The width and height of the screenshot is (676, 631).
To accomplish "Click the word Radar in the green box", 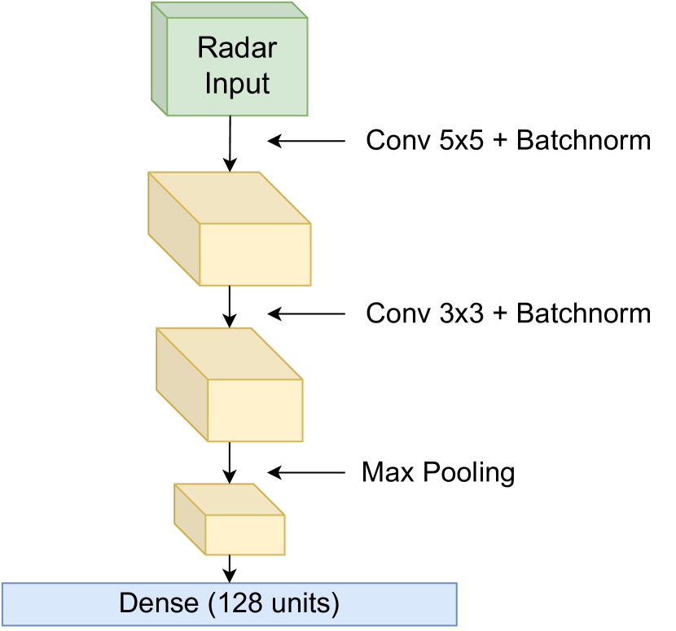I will [237, 48].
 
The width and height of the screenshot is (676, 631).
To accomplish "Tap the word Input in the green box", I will [237, 83].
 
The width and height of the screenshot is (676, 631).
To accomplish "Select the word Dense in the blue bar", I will [159, 603].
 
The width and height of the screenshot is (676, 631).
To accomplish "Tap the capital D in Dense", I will [129, 603].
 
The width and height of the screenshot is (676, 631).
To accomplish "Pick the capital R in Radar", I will [205, 48].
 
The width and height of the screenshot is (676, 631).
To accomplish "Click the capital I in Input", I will [209, 83].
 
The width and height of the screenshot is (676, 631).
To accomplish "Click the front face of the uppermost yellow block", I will [255, 254].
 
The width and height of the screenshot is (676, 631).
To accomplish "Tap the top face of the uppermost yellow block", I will [230, 197].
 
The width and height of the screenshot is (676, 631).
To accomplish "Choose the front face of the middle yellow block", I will [255, 410].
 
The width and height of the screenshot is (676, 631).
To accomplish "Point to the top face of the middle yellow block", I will [230, 353].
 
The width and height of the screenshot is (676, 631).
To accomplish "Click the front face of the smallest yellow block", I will [244, 535].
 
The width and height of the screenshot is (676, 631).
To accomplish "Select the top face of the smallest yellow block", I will [230, 499].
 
